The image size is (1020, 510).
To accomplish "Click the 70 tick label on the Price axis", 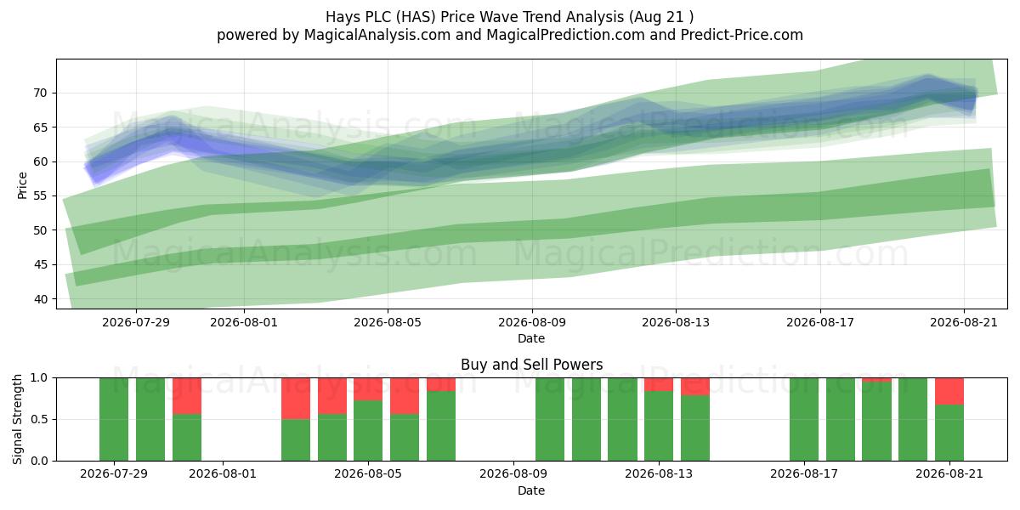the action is tap(40, 93).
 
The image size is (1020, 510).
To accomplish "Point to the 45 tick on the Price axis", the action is tap(40, 265).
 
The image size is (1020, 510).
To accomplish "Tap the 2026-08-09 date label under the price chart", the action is tap(532, 322).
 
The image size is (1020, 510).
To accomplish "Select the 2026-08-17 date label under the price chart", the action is tap(820, 322).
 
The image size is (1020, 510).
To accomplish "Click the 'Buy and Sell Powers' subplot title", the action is tap(531, 365).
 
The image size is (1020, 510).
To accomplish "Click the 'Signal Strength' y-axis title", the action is tap(17, 419).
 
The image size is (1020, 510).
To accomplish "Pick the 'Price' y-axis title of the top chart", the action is tap(22, 185).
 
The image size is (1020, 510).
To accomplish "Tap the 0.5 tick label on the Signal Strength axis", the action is tap(39, 419).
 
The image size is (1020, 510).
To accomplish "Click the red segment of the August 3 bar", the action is tap(296, 399).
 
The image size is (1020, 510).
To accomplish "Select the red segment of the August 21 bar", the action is tap(949, 391).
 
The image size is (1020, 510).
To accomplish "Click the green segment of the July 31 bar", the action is tap(187, 437).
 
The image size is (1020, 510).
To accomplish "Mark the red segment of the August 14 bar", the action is tap(695, 386).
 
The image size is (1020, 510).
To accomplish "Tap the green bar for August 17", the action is tap(804, 419).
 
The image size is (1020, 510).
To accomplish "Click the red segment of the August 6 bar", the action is tap(405, 396).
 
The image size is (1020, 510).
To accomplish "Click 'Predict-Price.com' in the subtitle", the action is tap(742, 35).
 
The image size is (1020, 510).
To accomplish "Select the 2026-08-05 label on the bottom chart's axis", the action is tap(368, 474).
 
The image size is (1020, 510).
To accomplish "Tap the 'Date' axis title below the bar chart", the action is tap(531, 490).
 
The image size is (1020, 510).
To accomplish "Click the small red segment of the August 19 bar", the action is tap(876, 380).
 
